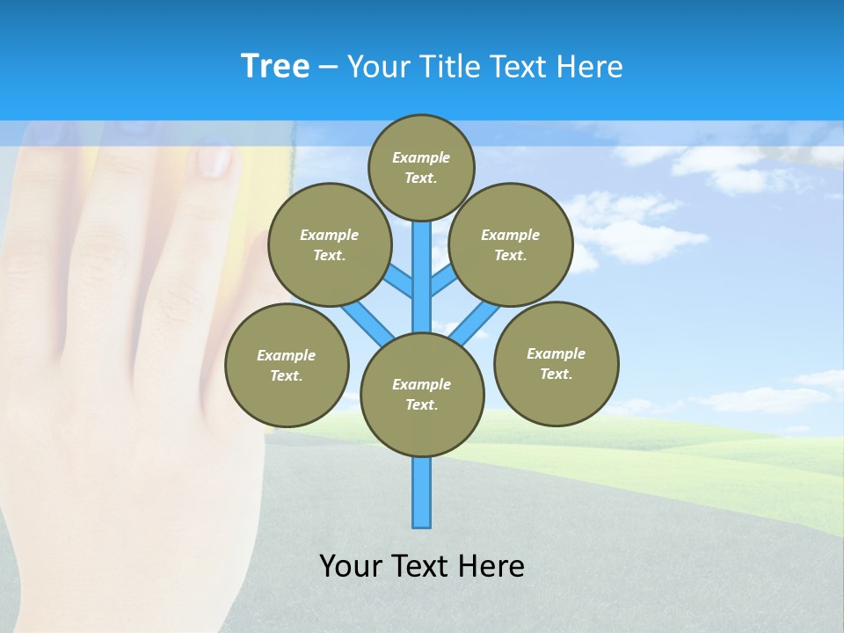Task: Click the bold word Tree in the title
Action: tap(275, 66)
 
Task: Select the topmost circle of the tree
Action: tap(421, 167)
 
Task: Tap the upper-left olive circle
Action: tap(330, 244)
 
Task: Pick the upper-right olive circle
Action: tap(511, 244)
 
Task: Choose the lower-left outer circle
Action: tap(287, 365)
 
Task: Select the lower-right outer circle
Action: tap(556, 363)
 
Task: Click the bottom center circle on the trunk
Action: tap(422, 394)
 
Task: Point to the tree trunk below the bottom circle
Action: tap(422, 492)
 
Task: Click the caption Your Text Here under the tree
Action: tap(422, 565)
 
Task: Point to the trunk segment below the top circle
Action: tap(422, 264)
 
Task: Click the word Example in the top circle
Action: tap(421, 157)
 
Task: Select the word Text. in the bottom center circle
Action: tap(421, 404)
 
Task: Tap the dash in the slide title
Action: tap(328, 66)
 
